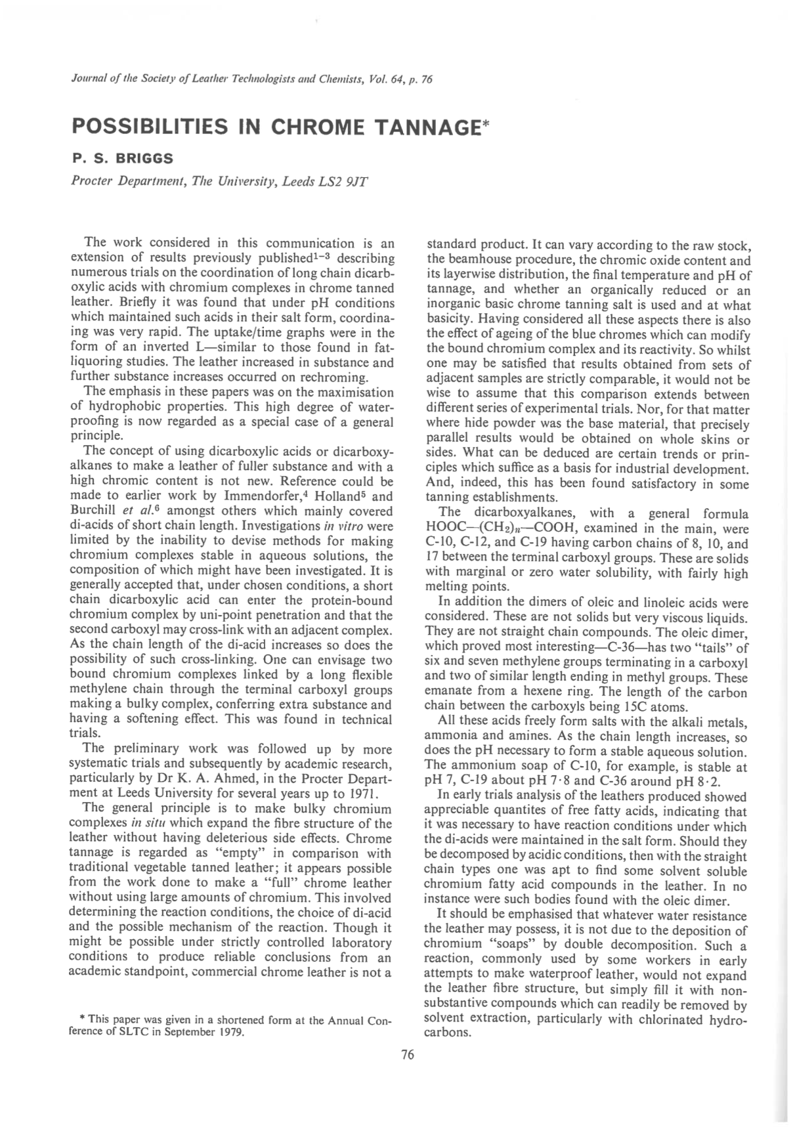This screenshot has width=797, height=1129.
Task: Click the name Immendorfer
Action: click(x=246, y=496)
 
